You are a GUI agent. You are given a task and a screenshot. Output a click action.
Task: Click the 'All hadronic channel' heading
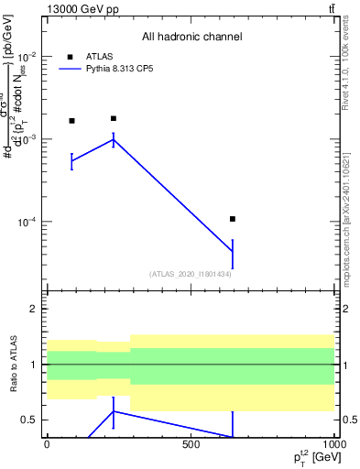click(x=192, y=37)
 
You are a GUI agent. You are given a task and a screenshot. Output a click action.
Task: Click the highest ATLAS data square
click(x=113, y=118)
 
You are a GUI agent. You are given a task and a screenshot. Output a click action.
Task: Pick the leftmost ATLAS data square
click(x=71, y=121)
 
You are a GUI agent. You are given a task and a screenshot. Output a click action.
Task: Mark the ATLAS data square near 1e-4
click(x=233, y=219)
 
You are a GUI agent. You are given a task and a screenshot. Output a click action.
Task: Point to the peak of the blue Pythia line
click(x=113, y=139)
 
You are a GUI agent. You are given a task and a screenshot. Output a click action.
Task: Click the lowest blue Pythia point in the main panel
click(x=233, y=252)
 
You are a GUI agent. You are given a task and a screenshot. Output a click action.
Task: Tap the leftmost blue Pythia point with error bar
click(x=71, y=160)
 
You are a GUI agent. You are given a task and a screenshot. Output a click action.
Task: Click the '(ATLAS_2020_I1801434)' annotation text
click(x=190, y=274)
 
